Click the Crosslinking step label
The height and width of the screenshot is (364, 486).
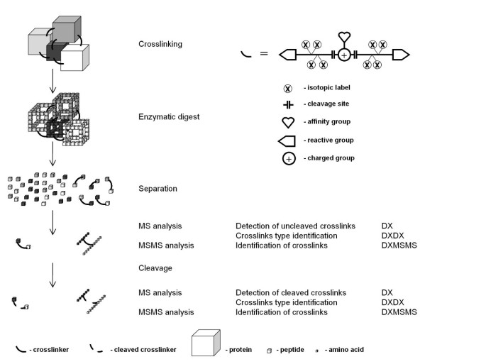tap(160, 44)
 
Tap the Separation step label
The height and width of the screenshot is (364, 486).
tap(158, 189)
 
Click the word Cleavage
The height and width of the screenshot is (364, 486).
tap(155, 268)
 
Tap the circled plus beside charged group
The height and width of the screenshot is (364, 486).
tap(289, 158)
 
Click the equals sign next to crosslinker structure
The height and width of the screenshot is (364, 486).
tap(263, 54)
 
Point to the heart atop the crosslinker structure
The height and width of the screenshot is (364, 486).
tap(344, 37)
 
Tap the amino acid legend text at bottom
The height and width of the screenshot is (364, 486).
tap(346, 349)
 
